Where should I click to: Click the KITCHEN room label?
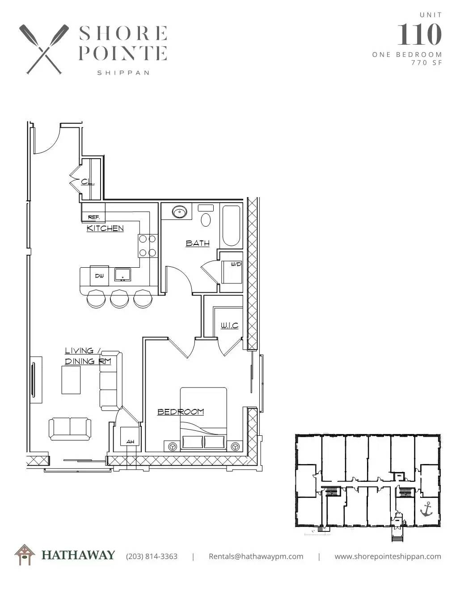105,228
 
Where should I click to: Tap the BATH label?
198,243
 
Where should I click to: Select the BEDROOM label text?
181,412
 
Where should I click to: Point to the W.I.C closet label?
229,325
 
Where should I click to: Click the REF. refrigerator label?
94,218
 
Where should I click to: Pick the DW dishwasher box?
99,276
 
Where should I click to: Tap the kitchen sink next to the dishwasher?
122,275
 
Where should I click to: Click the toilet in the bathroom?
206,215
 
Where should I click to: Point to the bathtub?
231,226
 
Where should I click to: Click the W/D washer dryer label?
236,264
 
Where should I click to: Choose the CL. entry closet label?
88,182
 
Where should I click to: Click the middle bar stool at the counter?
119,299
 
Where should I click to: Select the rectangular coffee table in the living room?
71,380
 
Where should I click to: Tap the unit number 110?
419,34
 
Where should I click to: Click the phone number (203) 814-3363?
152,556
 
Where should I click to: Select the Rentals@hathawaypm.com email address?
256,556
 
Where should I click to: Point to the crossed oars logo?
44,49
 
